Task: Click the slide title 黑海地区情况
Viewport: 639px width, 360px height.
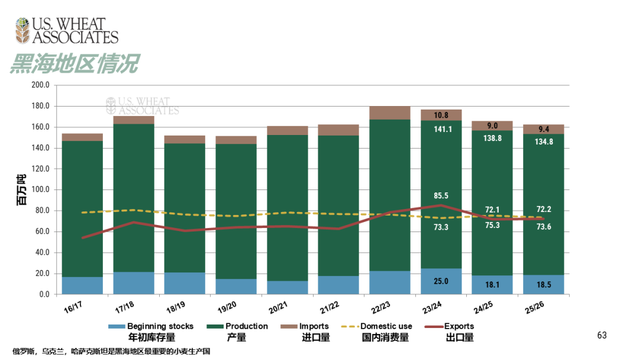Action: (x=75, y=63)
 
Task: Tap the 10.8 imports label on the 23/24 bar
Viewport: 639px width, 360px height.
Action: (x=441, y=115)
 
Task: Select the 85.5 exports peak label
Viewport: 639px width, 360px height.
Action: (x=441, y=195)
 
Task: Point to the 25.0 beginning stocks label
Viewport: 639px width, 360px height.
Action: (x=441, y=281)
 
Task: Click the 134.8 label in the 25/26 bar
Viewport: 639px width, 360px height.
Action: (x=544, y=142)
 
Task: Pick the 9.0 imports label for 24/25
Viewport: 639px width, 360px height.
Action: (x=492, y=126)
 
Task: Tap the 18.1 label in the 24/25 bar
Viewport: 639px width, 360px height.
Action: (x=492, y=285)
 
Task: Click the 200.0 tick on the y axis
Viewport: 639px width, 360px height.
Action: (x=40, y=85)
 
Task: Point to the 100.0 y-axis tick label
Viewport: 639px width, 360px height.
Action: (x=40, y=190)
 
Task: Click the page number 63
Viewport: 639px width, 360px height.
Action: (x=602, y=336)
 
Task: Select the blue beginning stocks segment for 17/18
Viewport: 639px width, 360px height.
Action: (x=134, y=283)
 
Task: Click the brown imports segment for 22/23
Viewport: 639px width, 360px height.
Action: (x=390, y=113)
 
